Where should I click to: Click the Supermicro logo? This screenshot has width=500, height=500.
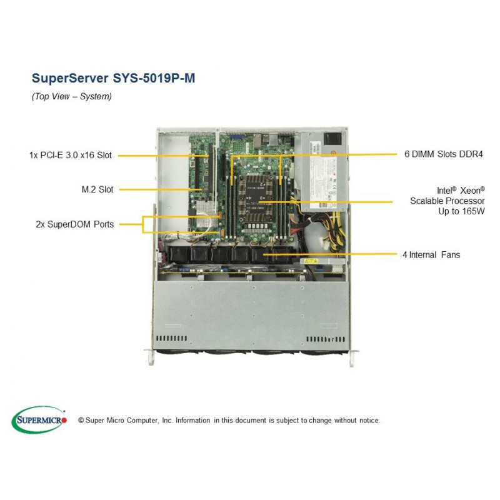coord(39,419)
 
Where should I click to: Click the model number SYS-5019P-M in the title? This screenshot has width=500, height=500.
coord(154,78)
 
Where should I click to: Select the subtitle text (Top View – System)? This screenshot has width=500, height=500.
coord(72,96)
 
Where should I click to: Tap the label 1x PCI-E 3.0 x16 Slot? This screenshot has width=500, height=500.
coord(71,155)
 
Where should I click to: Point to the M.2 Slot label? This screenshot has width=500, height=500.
coord(97,189)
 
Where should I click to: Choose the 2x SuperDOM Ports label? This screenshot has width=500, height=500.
coord(74,224)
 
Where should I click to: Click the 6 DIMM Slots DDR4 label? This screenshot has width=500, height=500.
coord(444,154)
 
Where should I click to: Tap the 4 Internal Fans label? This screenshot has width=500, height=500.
coord(431,255)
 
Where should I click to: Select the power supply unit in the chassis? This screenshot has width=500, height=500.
coord(323,171)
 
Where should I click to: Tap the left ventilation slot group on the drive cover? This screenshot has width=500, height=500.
coord(171,338)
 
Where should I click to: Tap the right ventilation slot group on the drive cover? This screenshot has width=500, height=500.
coord(326,339)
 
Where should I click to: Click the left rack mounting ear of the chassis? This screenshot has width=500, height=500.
coord(151,357)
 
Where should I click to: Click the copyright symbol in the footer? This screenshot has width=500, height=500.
coord(81,421)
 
